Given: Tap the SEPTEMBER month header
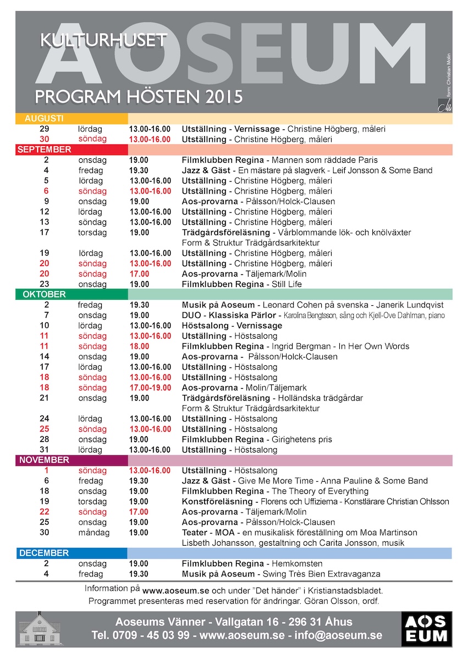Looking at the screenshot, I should point(44,150).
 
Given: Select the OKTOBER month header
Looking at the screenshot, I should point(44,294).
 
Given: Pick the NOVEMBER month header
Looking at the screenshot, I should point(43,460).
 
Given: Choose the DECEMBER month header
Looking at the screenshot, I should point(43,553).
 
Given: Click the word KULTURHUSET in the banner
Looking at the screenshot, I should point(103,39).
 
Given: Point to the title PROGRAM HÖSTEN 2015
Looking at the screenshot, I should point(139,97).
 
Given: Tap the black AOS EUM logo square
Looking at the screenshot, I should point(427,629).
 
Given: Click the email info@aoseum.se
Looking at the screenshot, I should point(337,636).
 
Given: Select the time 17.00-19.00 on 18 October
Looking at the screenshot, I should point(150,388).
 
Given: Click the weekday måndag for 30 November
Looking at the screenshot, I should point(93,532).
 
